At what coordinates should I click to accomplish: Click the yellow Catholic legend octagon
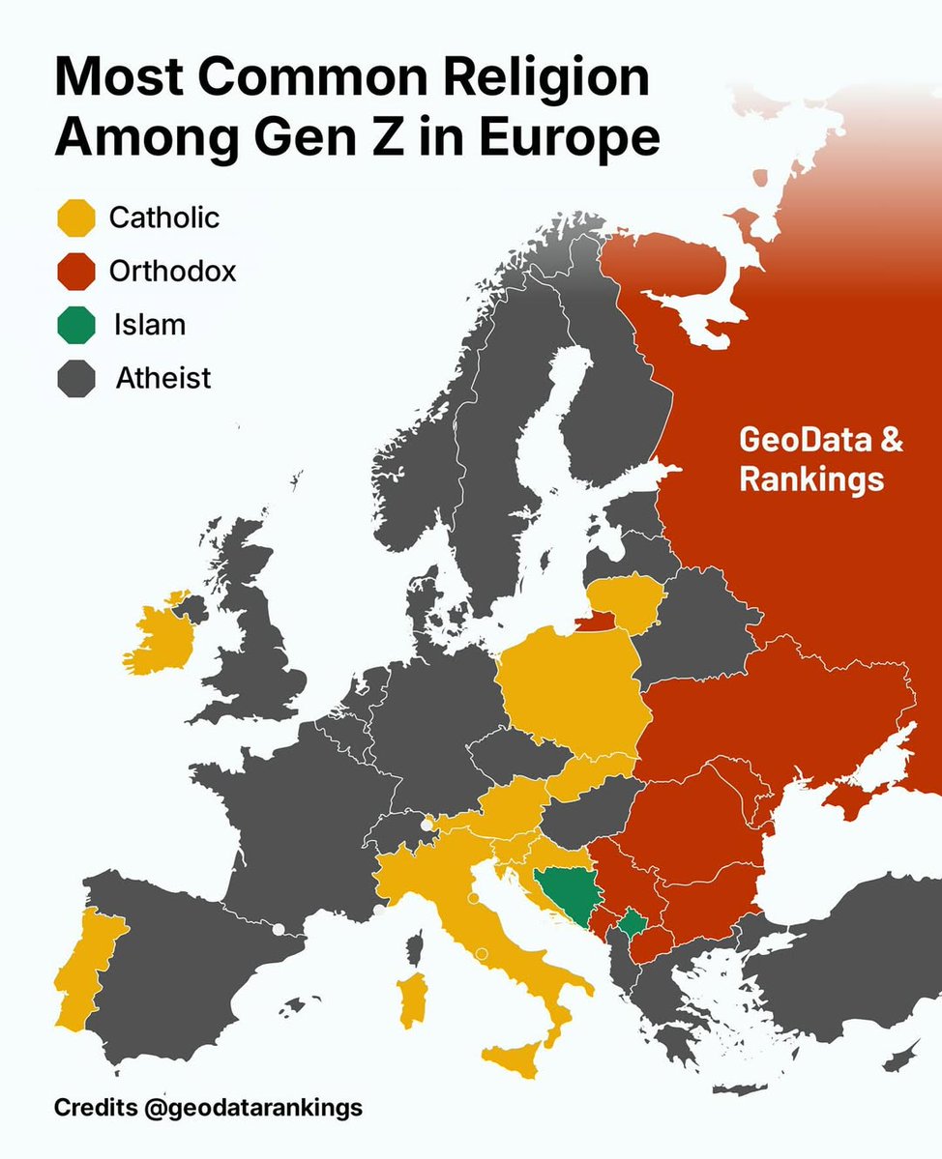76,217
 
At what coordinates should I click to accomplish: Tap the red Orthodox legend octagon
76,272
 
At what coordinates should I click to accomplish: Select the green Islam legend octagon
76,325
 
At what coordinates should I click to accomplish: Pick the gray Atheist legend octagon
76,378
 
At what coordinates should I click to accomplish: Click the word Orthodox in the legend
172,272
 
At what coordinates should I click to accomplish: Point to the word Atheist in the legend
162,378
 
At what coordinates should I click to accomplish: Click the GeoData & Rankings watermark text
821,459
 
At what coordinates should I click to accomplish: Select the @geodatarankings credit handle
252,1107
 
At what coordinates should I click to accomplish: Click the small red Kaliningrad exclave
598,622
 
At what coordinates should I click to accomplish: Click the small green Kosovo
633,925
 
